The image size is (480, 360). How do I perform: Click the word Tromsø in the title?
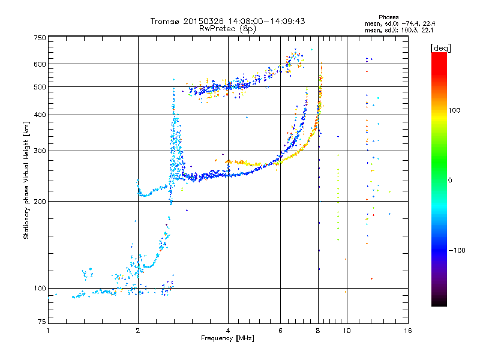[165, 21]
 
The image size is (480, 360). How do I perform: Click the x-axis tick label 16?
[407, 331]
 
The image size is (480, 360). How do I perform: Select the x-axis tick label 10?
[346, 331]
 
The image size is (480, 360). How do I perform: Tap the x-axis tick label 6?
[280, 331]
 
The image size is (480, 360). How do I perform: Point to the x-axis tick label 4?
[228, 331]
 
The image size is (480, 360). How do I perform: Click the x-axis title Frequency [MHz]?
[227, 338]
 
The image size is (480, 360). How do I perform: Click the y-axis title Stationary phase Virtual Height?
[26, 180]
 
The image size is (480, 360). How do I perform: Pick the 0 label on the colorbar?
[450, 180]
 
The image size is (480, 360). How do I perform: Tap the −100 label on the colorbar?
[458, 250]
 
